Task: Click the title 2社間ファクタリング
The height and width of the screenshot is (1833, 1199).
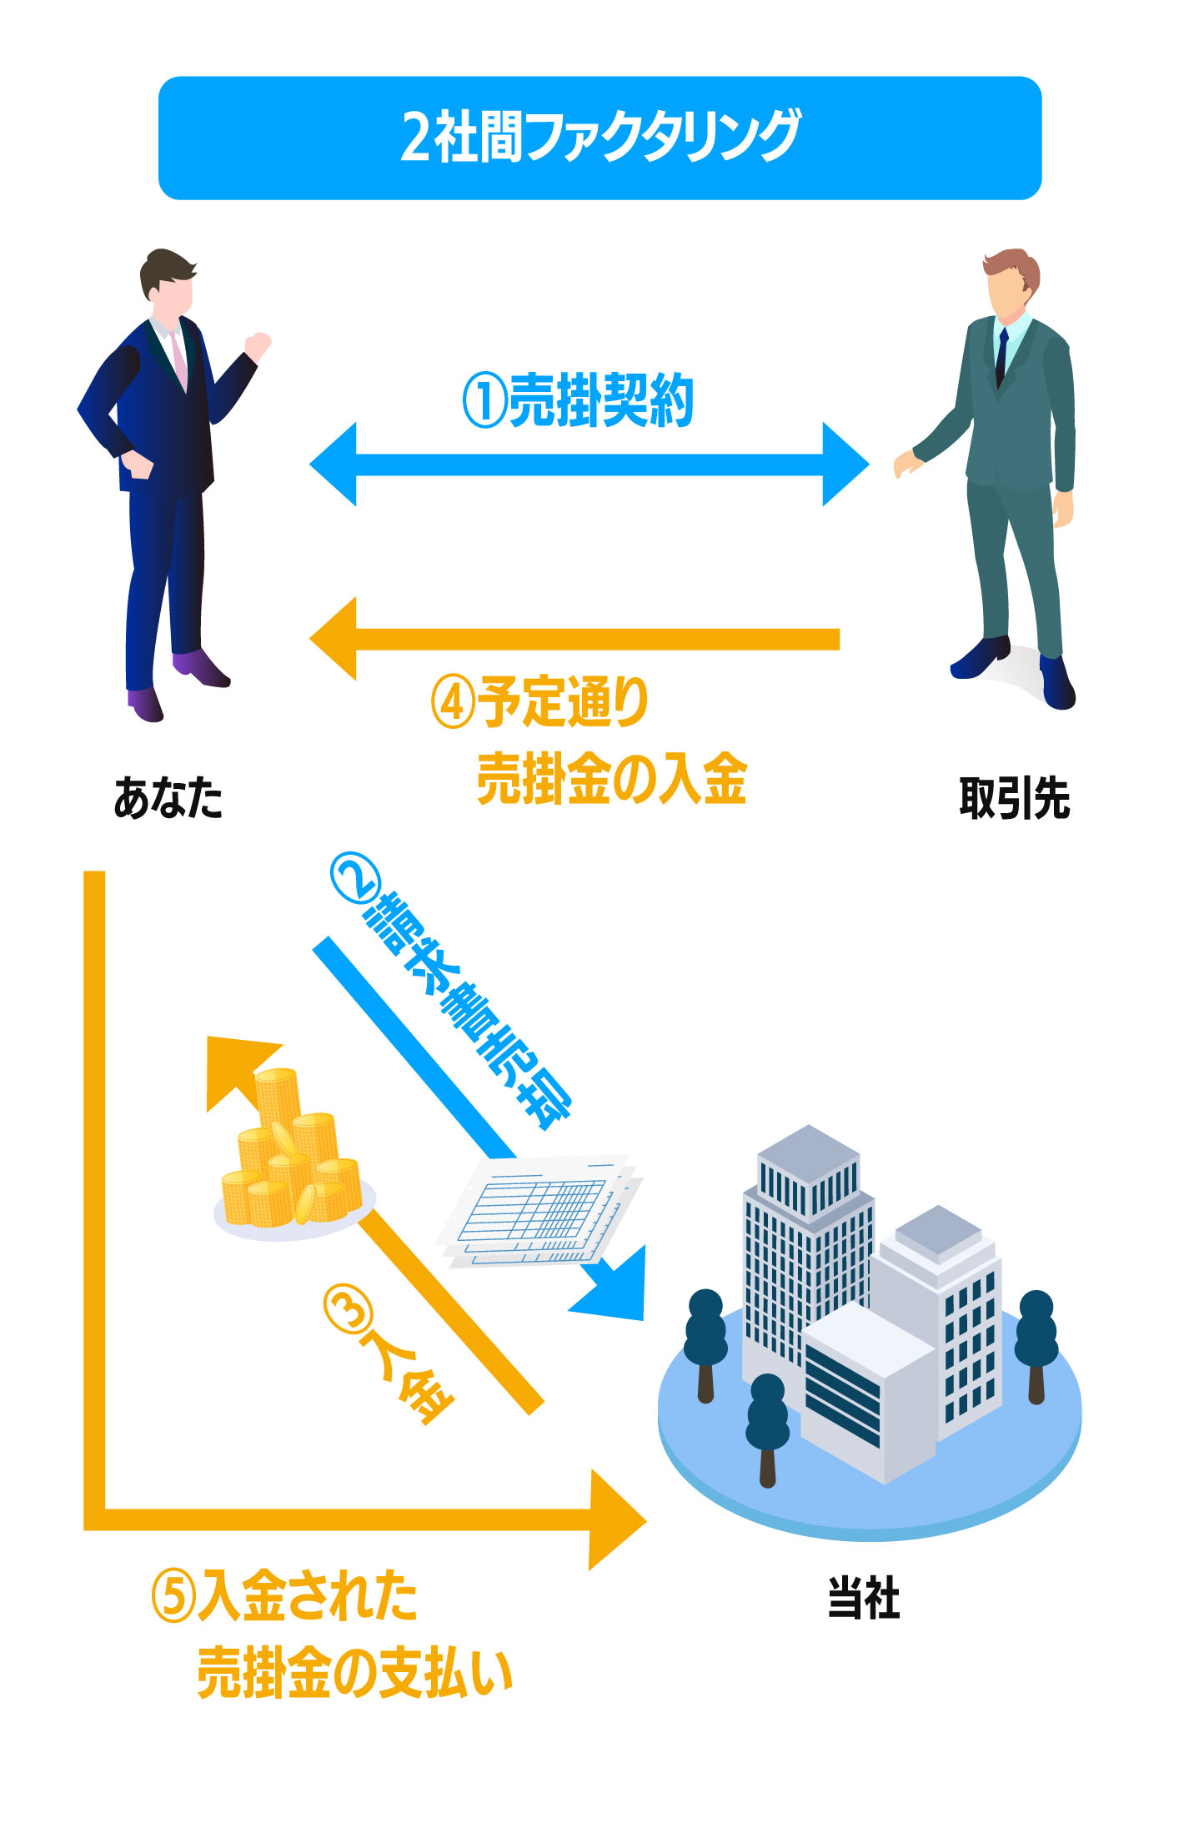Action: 599,137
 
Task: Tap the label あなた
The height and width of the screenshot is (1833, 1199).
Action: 168,798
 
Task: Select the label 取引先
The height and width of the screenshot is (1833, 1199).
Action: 1014,798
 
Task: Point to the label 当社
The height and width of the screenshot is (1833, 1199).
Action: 863,1599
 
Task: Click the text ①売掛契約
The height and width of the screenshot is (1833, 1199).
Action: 579,401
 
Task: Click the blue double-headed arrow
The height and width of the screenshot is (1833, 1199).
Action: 589,465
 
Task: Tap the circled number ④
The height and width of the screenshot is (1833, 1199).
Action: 453,703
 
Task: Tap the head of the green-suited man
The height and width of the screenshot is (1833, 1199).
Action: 1011,284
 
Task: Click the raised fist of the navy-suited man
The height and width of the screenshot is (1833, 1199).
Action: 259,344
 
